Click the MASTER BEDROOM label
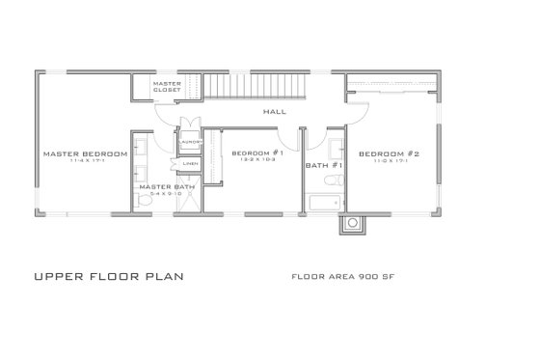click(86, 154)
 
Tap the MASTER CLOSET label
click(167, 87)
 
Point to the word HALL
click(260, 112)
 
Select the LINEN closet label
click(190, 163)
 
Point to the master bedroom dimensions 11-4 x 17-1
click(86, 163)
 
